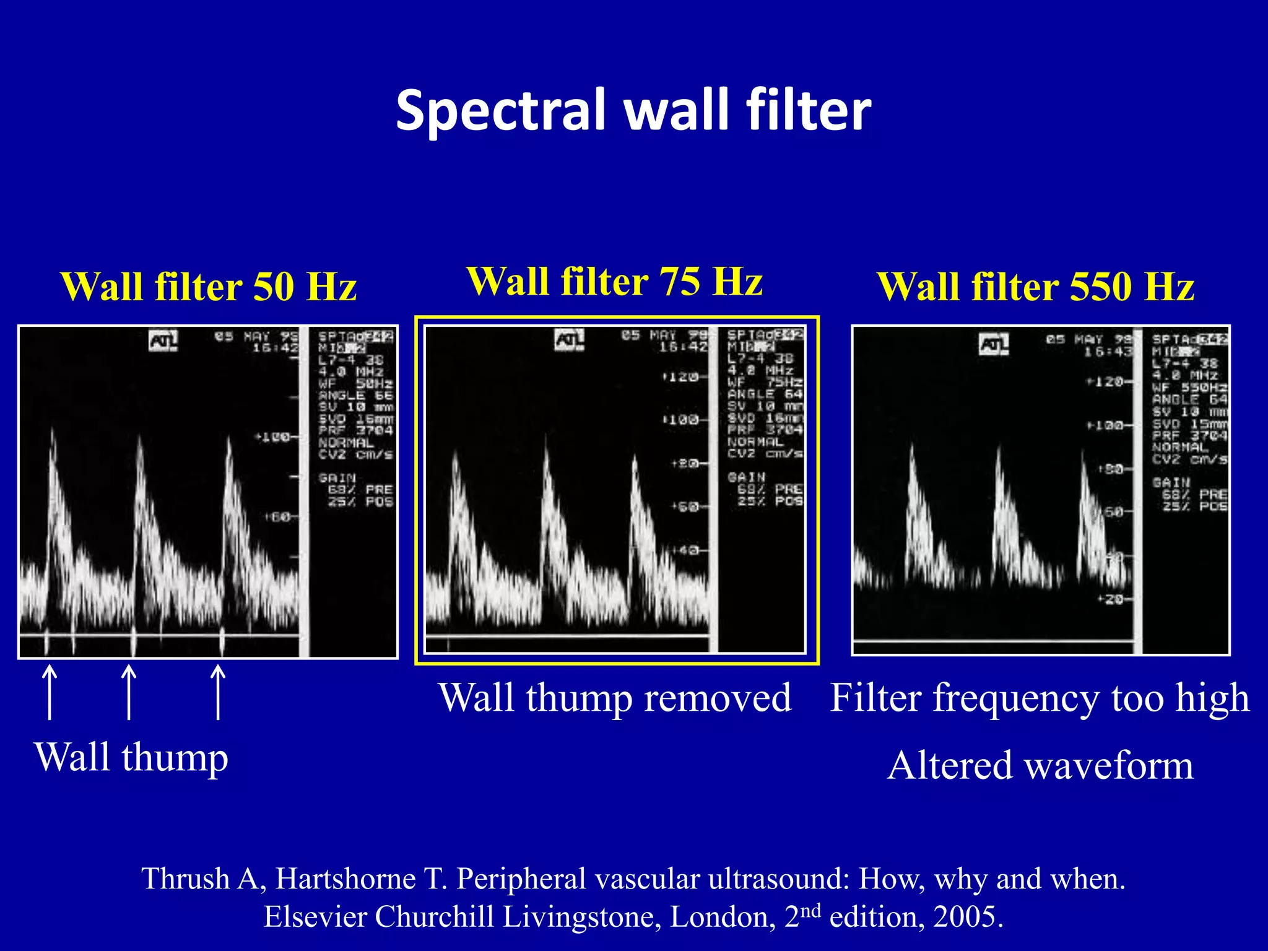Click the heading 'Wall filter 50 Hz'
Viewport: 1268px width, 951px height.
(209, 287)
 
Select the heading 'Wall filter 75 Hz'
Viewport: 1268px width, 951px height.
(614, 281)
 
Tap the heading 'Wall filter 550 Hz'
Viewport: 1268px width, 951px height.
(1035, 287)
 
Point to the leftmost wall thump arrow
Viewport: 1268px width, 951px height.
(50, 692)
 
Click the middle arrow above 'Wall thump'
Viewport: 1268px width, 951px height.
(128, 692)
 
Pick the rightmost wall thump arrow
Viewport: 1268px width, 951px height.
(217, 692)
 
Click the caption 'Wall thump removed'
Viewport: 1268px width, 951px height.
(615, 698)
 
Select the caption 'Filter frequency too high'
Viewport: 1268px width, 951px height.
(1040, 698)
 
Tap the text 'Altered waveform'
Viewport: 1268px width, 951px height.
(1040, 765)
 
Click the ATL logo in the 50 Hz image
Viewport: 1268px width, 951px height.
(163, 341)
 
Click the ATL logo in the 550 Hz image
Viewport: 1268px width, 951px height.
(994, 344)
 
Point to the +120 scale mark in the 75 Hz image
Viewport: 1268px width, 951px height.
(681, 376)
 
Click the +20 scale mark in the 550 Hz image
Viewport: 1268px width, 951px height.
(1113, 599)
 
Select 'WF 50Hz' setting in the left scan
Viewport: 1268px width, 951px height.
(355, 383)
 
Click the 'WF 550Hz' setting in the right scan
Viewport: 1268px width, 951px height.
(1189, 387)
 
